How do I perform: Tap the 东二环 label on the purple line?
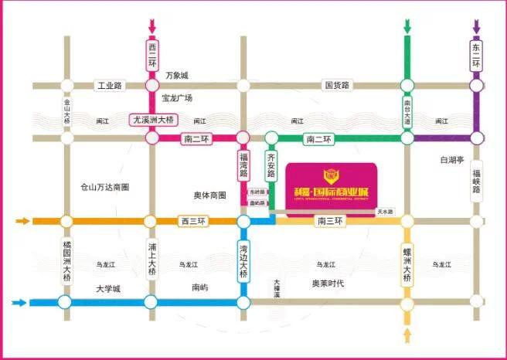[476, 56]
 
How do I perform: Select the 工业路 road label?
[109, 85]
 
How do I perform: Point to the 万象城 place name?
[177, 76]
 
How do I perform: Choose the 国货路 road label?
[337, 85]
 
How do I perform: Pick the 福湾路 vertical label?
[243, 166]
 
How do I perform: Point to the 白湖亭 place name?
[451, 160]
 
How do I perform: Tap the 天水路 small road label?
[384, 211]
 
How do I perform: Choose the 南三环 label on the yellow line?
[330, 221]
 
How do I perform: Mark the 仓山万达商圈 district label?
[104, 187]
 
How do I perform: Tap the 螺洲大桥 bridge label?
[407, 263]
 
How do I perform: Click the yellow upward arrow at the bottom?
[407, 335]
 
